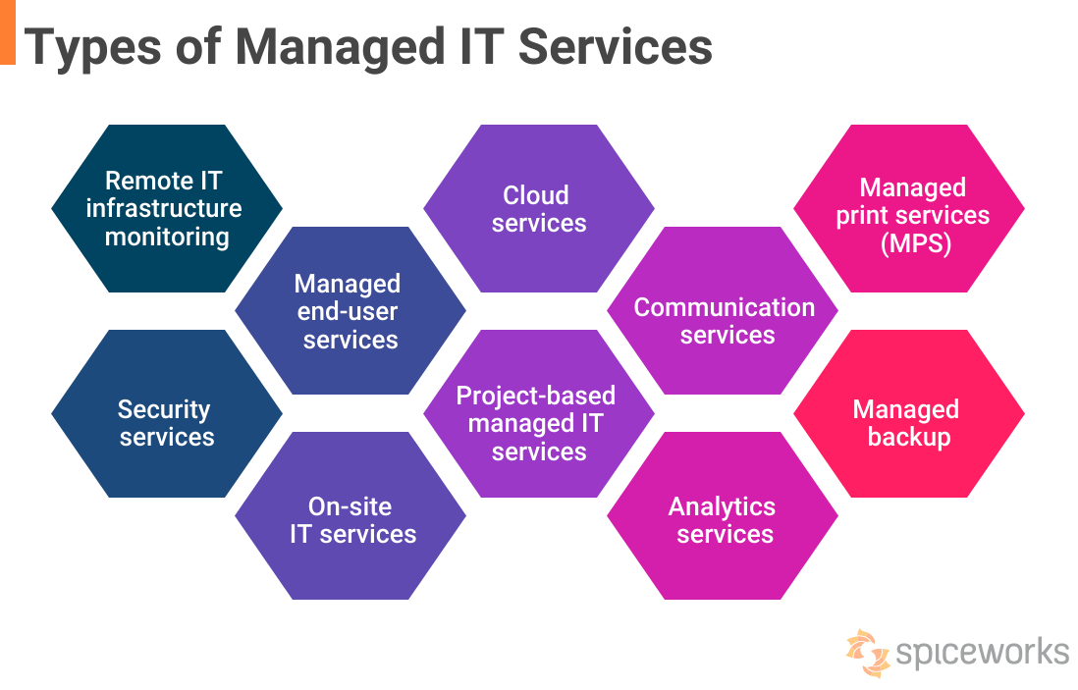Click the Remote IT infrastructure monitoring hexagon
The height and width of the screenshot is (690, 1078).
167,208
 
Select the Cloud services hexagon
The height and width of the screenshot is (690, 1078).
539,208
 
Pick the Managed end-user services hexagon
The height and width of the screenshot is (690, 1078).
350,311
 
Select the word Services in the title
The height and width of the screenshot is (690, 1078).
615,47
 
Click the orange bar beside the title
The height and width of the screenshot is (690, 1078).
8,31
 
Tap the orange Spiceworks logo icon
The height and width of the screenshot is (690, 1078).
867,653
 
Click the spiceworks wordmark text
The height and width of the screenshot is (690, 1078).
983,652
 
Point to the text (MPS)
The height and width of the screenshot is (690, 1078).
912,242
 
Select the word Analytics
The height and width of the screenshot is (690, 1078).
722,506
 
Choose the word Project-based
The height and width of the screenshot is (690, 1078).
536,396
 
